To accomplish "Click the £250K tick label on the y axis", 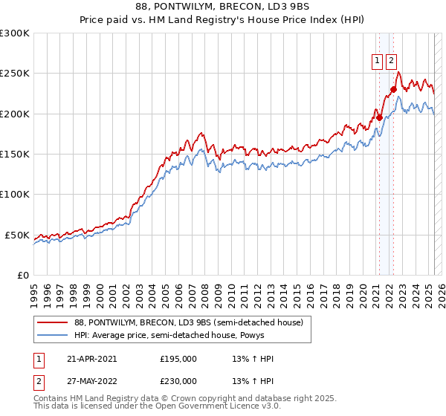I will [15, 74].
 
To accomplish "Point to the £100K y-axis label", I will [15, 194].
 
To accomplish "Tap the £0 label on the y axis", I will [23, 275].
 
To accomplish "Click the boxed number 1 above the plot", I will [378, 62].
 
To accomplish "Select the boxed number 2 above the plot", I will [391, 62].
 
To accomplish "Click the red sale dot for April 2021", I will [378, 117].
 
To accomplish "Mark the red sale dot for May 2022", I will [393, 89].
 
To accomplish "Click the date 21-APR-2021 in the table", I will [92, 359].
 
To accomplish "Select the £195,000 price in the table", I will [178, 359].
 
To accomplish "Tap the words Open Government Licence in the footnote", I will [210, 408].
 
